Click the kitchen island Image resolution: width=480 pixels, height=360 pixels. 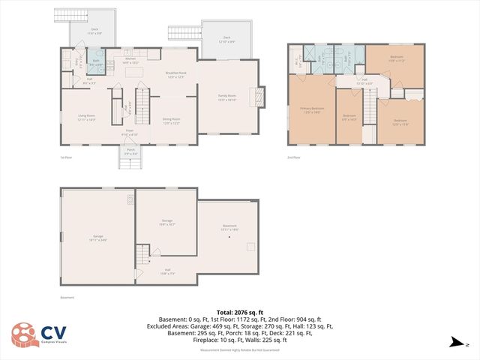point(136,72)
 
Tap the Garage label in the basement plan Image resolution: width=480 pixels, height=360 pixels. point(97,238)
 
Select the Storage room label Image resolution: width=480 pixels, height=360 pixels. point(166,222)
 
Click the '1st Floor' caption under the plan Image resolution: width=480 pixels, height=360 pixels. point(66,157)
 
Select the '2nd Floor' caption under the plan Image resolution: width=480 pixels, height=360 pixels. point(295,157)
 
